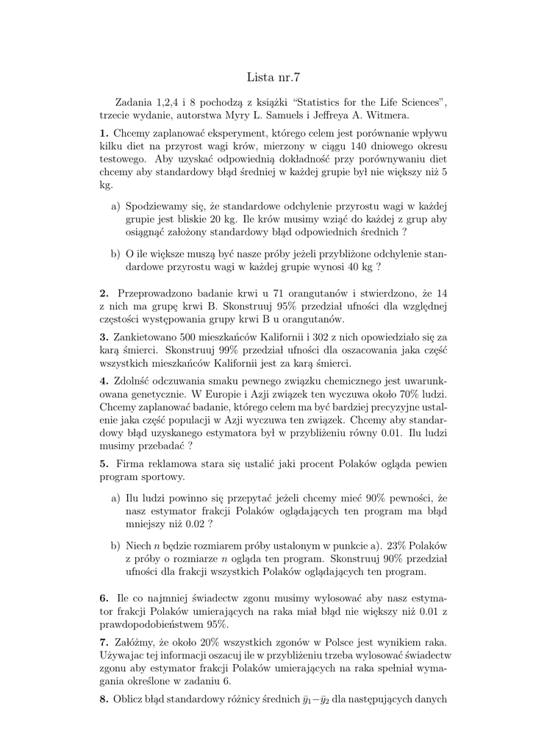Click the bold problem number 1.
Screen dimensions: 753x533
tap(104, 133)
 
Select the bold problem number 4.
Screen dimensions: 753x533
tap(104, 381)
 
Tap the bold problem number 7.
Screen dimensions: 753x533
tap(104, 642)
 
